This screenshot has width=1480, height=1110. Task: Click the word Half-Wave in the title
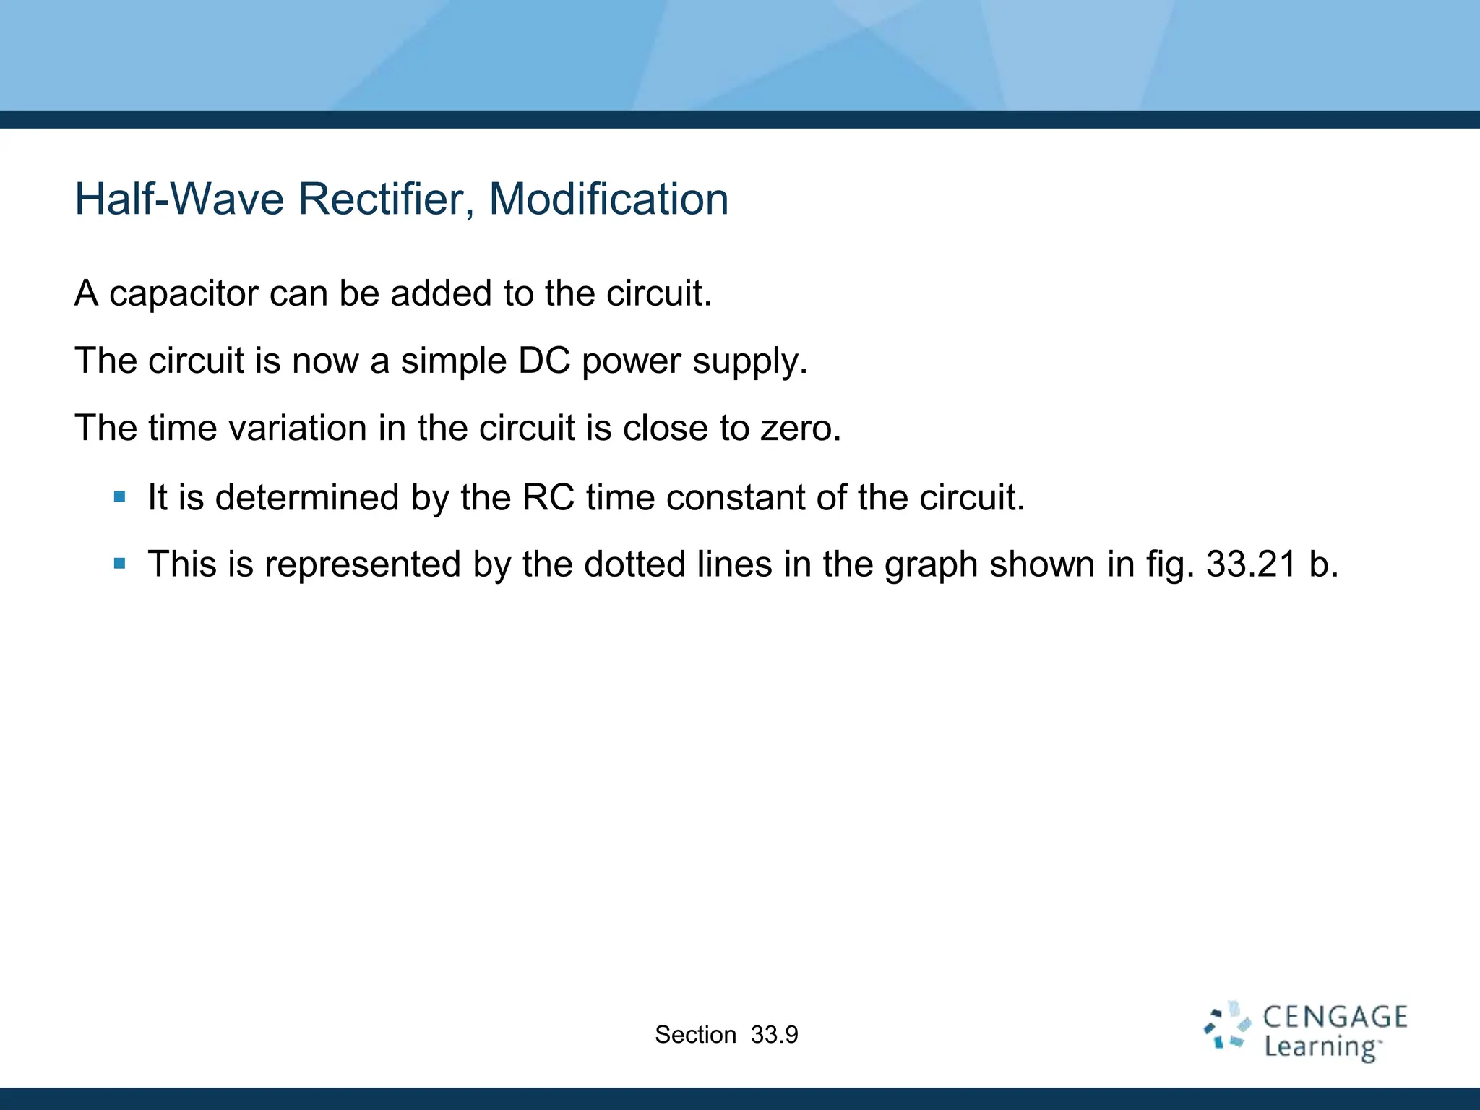pos(179,199)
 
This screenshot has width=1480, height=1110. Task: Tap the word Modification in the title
pos(608,199)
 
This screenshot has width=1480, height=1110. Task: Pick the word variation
pos(298,428)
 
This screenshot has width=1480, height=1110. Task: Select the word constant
pos(737,497)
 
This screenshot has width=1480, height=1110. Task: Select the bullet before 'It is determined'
pos(120,496)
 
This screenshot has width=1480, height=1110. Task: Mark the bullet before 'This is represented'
pos(120,563)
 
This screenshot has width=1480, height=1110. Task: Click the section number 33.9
pos(774,1035)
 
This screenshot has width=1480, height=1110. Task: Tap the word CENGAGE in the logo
pos(1335,1017)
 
